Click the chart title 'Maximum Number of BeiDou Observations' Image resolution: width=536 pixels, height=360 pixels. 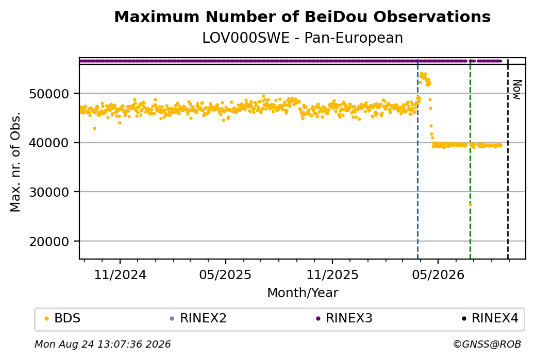302,16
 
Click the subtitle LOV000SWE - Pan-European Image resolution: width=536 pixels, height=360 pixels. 303,38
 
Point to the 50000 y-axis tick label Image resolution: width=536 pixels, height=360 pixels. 49,94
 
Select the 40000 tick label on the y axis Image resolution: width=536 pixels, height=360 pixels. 49,143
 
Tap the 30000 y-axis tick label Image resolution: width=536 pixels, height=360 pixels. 49,192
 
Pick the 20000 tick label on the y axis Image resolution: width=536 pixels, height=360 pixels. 49,242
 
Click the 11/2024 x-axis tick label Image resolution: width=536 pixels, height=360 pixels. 120,275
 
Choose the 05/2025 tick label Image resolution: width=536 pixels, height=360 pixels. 225,275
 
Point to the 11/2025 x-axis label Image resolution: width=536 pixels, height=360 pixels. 332,275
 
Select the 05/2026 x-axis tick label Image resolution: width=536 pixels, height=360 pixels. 438,275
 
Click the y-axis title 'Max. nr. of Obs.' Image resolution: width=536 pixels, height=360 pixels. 15,162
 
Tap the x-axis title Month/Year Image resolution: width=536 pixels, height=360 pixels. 303,293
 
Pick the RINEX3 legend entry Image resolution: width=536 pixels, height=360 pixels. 344,318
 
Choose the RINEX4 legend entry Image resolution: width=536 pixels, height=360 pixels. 490,318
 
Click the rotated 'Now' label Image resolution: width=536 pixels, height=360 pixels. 517,90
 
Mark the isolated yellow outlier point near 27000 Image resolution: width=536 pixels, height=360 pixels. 470,204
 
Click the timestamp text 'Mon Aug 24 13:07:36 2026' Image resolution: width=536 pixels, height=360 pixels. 103,344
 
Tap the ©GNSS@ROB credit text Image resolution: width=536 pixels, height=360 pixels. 487,344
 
